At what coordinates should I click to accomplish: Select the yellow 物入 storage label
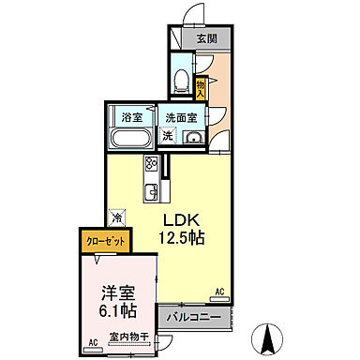pyautogui.click(x=201, y=87)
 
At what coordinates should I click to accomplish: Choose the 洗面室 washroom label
pyautogui.click(x=180, y=118)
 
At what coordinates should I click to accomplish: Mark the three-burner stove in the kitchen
pyautogui.click(x=151, y=167)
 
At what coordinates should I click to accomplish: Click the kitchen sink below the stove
pyautogui.click(x=149, y=194)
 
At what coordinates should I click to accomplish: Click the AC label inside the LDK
pyautogui.click(x=221, y=292)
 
